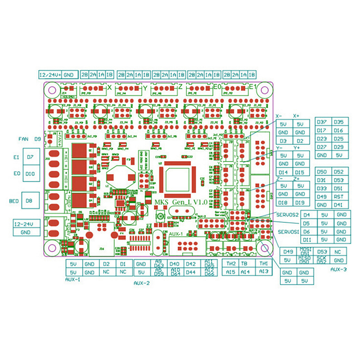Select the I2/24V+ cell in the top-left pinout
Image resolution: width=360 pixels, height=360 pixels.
pos(49,75)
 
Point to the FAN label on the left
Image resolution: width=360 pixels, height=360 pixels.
pos(24,139)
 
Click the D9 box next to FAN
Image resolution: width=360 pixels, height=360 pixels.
pos(38,139)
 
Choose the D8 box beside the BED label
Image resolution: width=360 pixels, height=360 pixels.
pos(30,200)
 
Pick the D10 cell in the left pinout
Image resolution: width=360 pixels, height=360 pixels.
pos(30,173)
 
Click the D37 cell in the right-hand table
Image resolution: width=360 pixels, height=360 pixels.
pos(322,122)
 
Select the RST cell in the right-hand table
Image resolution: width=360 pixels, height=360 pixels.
pos(339,197)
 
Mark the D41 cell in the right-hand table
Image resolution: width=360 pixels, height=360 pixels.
pos(339,205)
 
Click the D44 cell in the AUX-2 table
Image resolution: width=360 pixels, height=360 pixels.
pos(191,272)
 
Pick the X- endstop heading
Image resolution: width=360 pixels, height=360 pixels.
pos(279,116)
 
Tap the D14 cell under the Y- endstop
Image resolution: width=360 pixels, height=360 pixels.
pos(283,172)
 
